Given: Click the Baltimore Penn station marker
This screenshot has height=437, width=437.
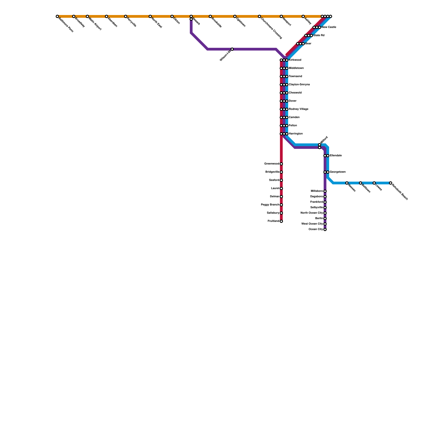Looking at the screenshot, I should [57, 17].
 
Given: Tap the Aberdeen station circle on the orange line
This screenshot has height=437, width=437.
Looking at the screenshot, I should [107, 17].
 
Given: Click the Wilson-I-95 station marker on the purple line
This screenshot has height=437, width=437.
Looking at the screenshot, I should [232, 49].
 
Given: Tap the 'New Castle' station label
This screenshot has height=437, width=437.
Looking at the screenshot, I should [329, 27].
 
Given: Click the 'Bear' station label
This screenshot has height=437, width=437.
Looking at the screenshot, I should [308, 44].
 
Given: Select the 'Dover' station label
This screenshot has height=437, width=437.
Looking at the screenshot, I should [293, 101].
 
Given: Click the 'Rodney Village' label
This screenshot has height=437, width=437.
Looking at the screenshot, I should [299, 109].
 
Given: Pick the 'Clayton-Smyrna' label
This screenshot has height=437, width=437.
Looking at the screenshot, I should [299, 85].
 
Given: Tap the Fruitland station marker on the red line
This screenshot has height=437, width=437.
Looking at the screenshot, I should [281, 221].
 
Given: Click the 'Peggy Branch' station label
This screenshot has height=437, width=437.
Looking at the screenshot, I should [270, 205].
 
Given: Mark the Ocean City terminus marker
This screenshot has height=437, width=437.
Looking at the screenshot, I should [325, 229].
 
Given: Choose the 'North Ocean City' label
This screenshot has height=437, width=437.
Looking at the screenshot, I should [312, 213].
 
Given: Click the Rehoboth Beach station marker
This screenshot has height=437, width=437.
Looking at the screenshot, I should [391, 183].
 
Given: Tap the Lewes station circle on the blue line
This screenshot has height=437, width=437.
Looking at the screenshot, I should [374, 183].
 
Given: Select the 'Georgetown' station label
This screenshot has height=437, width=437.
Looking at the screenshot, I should [338, 172].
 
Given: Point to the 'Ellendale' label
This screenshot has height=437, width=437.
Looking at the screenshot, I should [336, 156].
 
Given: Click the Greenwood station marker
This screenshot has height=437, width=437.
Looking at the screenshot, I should [281, 164].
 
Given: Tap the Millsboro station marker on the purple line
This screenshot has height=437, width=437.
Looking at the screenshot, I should [325, 191].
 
